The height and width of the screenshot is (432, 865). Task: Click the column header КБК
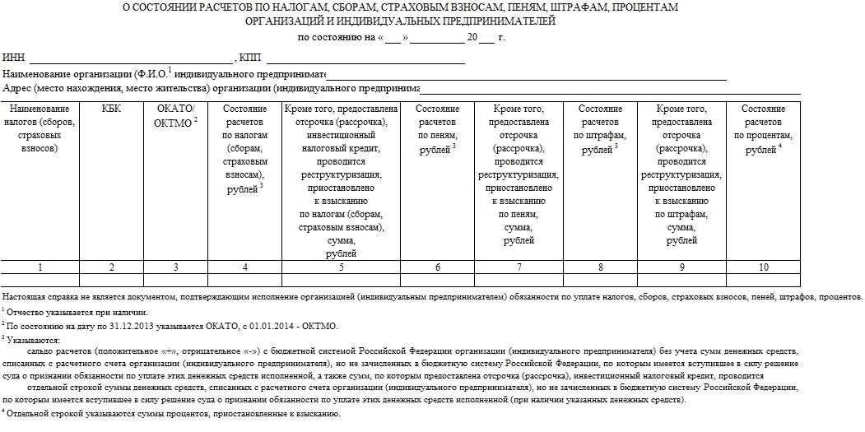pyautogui.click(x=111, y=109)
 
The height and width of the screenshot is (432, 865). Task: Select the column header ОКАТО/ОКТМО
pyautogui.click(x=175, y=116)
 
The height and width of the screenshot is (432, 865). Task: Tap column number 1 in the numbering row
pyautogui.click(x=40, y=267)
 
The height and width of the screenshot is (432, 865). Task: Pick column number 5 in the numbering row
pyautogui.click(x=341, y=267)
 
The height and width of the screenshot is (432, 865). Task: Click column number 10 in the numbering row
pyautogui.click(x=763, y=267)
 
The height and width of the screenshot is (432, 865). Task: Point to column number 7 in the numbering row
pyautogui.click(x=519, y=267)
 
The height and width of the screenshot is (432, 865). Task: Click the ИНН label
pyautogui.click(x=14, y=58)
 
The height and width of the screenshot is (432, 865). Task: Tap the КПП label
pyautogui.click(x=249, y=58)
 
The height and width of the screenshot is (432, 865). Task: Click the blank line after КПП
pyautogui.click(x=365, y=59)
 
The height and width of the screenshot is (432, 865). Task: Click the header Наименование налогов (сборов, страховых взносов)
pyautogui.click(x=40, y=128)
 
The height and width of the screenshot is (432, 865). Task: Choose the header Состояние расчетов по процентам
pyautogui.click(x=763, y=128)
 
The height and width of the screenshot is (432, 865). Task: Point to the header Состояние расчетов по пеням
pyautogui.click(x=437, y=128)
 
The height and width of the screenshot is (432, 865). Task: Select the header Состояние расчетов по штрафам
pyautogui.click(x=600, y=128)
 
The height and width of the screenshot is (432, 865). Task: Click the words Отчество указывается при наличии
pyautogui.click(x=77, y=312)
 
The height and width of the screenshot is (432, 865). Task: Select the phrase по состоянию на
pyautogui.click(x=334, y=38)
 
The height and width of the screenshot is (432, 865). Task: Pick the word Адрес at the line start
pyautogui.click(x=17, y=88)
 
